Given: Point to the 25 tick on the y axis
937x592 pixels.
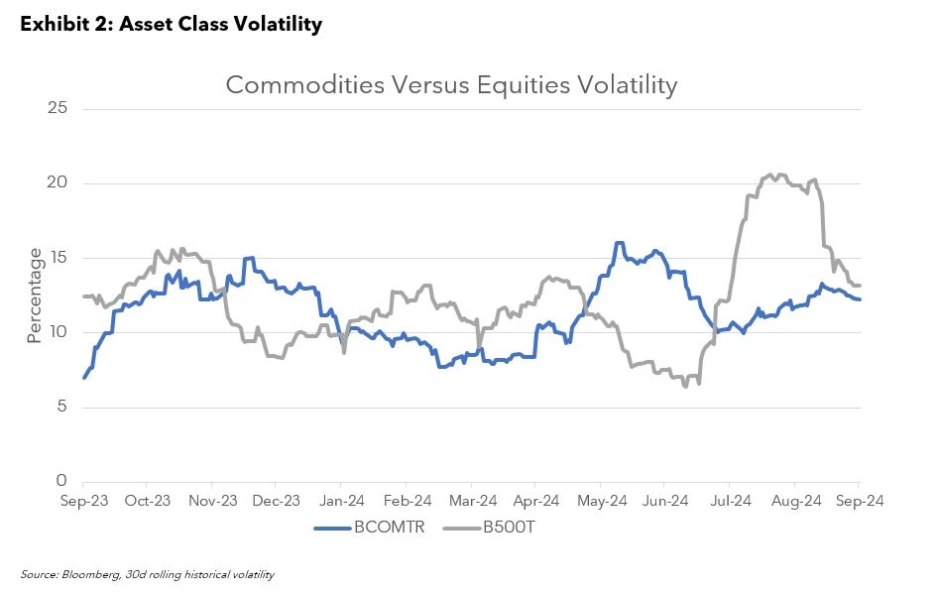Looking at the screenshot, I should click(57, 107).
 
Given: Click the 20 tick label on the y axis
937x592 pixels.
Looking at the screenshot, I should click(57, 182).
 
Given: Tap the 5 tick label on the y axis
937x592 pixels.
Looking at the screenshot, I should click(60, 407).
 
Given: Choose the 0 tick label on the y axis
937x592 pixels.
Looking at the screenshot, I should click(60, 481).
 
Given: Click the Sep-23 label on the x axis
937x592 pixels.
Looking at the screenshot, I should click(83, 501).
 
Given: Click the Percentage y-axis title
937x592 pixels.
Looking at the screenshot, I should click(35, 296).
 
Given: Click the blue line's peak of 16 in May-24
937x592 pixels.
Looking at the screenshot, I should click(619, 243).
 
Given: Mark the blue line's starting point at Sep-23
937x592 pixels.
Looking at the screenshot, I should click(84, 377).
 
